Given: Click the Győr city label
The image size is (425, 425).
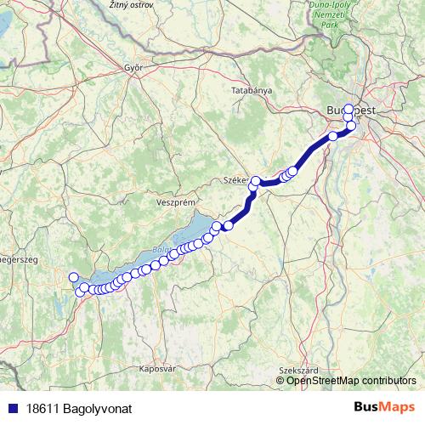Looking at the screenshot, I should click(132, 66).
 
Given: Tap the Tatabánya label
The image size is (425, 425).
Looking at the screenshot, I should click(252, 89).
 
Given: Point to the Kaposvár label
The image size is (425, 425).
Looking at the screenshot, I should click(156, 369).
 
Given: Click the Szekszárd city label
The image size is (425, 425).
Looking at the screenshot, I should click(297, 370).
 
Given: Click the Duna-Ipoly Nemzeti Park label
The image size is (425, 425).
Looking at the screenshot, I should click(348, 14).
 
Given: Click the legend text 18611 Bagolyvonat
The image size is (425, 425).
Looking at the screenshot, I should click(79, 409).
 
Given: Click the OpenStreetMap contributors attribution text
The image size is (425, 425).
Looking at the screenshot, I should click(351, 380).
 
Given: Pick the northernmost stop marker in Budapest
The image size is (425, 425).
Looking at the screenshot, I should click(348, 108).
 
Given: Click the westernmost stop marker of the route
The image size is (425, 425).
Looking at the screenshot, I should click(73, 277).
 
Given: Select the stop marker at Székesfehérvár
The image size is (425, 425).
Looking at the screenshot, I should click(255, 181).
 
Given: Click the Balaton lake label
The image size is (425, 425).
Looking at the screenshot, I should click(160, 250).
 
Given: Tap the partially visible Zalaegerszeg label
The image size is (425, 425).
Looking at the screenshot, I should click(15, 258).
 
